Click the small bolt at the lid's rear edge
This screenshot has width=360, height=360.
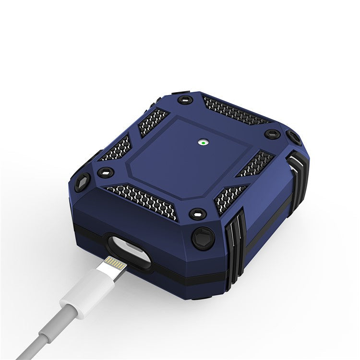point(182,100)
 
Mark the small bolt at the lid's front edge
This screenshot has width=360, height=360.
point(196,212)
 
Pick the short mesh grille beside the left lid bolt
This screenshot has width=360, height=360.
point(118,147)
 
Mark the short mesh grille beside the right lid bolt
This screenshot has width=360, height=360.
point(255,164)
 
